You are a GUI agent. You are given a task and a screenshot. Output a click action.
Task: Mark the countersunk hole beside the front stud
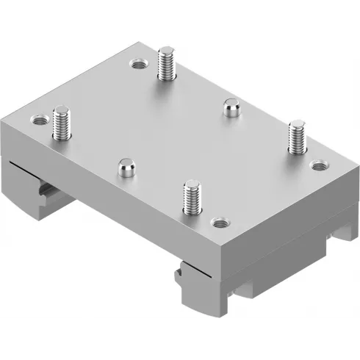tap(219, 221)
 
